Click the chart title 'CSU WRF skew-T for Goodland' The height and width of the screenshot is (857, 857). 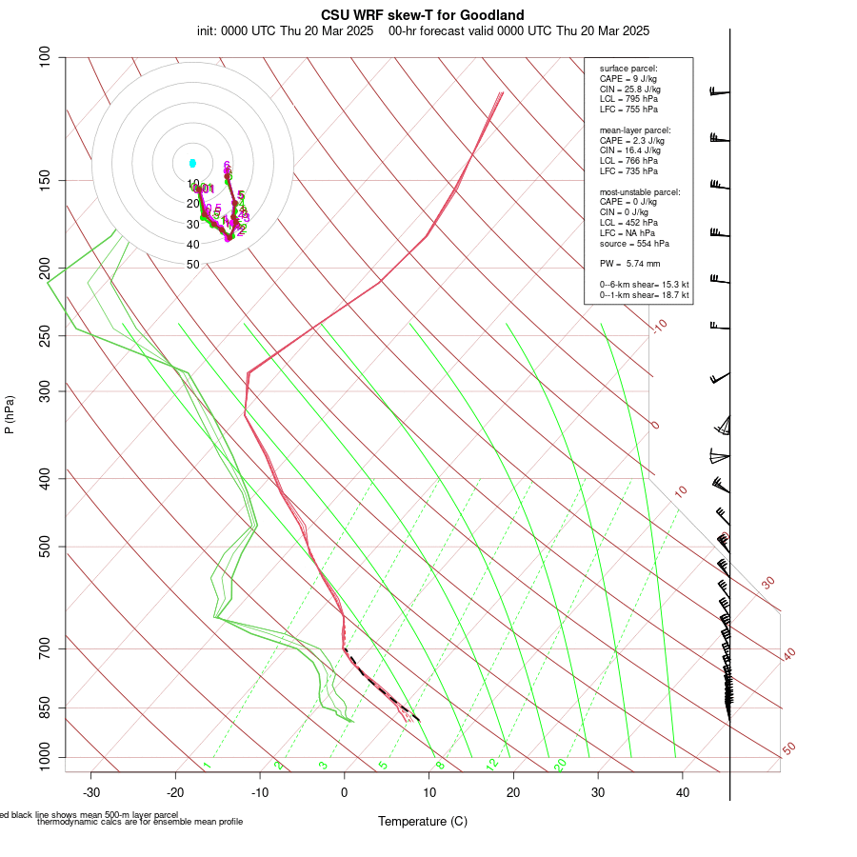click(x=423, y=15)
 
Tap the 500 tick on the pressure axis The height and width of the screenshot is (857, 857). click(x=44, y=547)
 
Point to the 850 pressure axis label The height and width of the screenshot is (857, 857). click(x=44, y=708)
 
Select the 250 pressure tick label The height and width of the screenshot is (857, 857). click(x=44, y=335)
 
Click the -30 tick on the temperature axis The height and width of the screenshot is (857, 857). click(x=91, y=792)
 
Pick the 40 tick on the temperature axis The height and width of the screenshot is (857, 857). click(x=682, y=792)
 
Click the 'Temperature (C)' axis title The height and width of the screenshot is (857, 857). click(x=423, y=821)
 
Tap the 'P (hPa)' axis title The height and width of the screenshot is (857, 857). click(x=10, y=415)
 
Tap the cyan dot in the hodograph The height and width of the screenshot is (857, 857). click(x=192, y=163)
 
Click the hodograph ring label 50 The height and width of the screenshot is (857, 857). click(x=193, y=265)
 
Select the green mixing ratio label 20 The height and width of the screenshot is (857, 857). click(x=561, y=764)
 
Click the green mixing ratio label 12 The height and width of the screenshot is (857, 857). click(x=492, y=765)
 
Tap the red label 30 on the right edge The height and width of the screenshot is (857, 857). click(x=768, y=582)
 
